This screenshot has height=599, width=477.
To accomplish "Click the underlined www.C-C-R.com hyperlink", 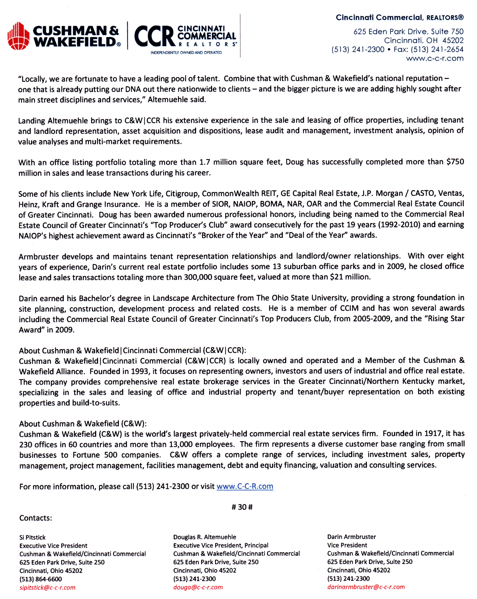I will point(245,486).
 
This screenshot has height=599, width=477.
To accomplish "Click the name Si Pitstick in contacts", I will point(32,537).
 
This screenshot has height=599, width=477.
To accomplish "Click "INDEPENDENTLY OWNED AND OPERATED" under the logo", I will point(186,53).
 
